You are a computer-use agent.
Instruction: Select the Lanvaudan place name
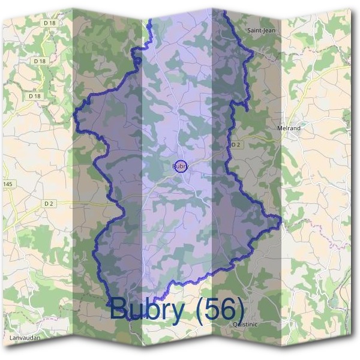click(25, 338)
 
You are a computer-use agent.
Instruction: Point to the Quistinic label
click(244, 324)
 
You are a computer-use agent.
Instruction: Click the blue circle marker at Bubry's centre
click(181, 166)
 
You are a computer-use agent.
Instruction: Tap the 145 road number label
click(7, 184)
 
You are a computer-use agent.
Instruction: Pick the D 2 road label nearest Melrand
click(236, 145)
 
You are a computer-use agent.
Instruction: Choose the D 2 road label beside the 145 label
click(49, 204)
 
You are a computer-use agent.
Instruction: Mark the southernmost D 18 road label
click(35, 96)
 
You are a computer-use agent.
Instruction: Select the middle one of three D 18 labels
click(40, 61)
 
